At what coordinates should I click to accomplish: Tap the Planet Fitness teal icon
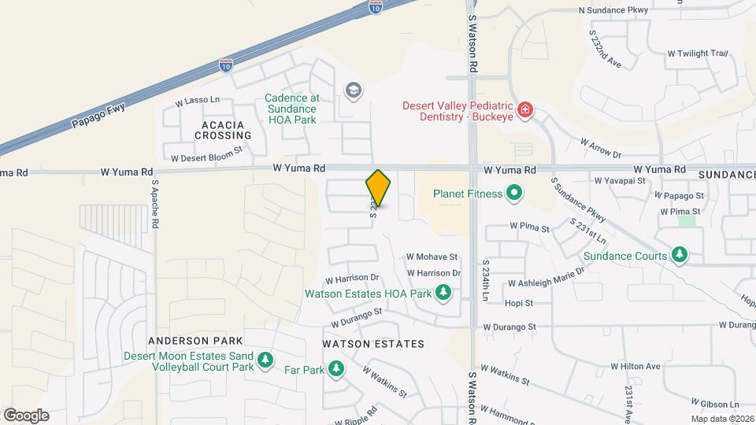click(x=514, y=192)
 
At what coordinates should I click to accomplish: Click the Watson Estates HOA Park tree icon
click(x=443, y=294)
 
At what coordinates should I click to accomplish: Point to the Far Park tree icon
click(x=336, y=368)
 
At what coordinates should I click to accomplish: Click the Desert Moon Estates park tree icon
click(x=266, y=360)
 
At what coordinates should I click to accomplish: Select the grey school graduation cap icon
click(x=352, y=91)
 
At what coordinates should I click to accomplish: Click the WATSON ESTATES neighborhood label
click(x=373, y=344)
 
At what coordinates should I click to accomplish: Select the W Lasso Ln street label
click(x=197, y=102)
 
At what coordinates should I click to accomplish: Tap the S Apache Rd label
click(x=155, y=205)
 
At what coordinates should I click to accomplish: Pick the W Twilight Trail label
click(x=697, y=54)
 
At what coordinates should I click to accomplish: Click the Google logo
click(x=26, y=416)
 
